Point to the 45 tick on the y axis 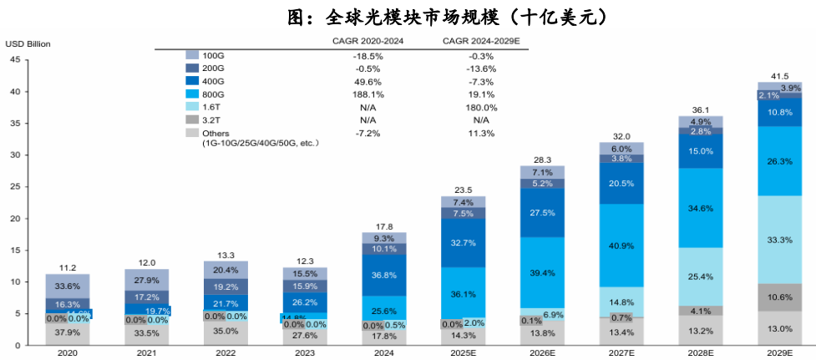pos(15,59)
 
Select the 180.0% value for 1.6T pos(481,108)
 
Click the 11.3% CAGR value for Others pos(481,134)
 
